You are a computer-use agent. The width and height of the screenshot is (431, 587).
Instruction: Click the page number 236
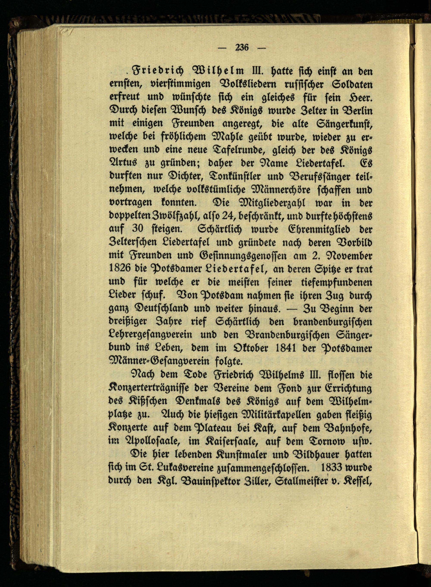point(242,48)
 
